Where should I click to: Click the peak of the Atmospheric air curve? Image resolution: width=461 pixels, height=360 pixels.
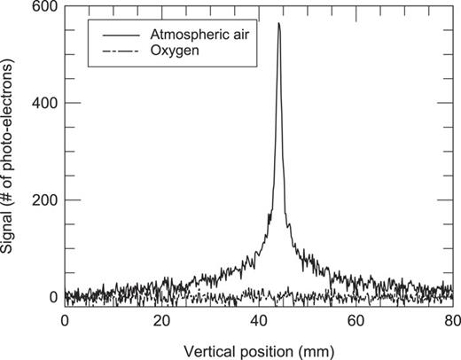point(278,24)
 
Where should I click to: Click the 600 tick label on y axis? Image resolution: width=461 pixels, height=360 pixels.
point(43,6)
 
